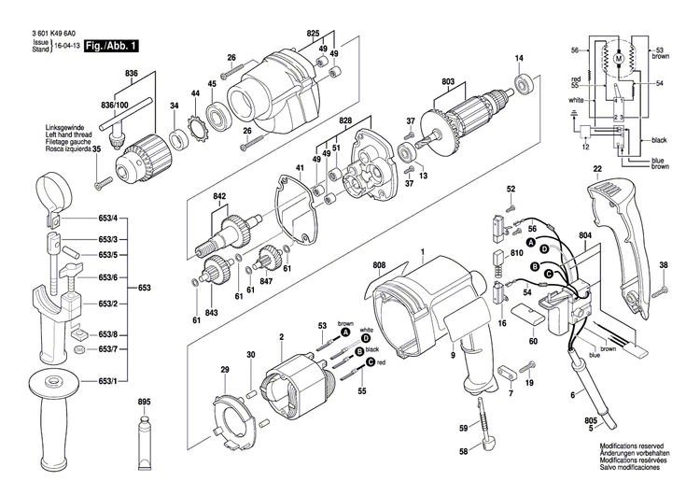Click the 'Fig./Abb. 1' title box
point(112,45)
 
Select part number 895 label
point(144,402)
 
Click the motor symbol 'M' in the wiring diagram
point(617,61)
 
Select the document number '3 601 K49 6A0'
point(46,34)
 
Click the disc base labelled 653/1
point(47,382)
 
